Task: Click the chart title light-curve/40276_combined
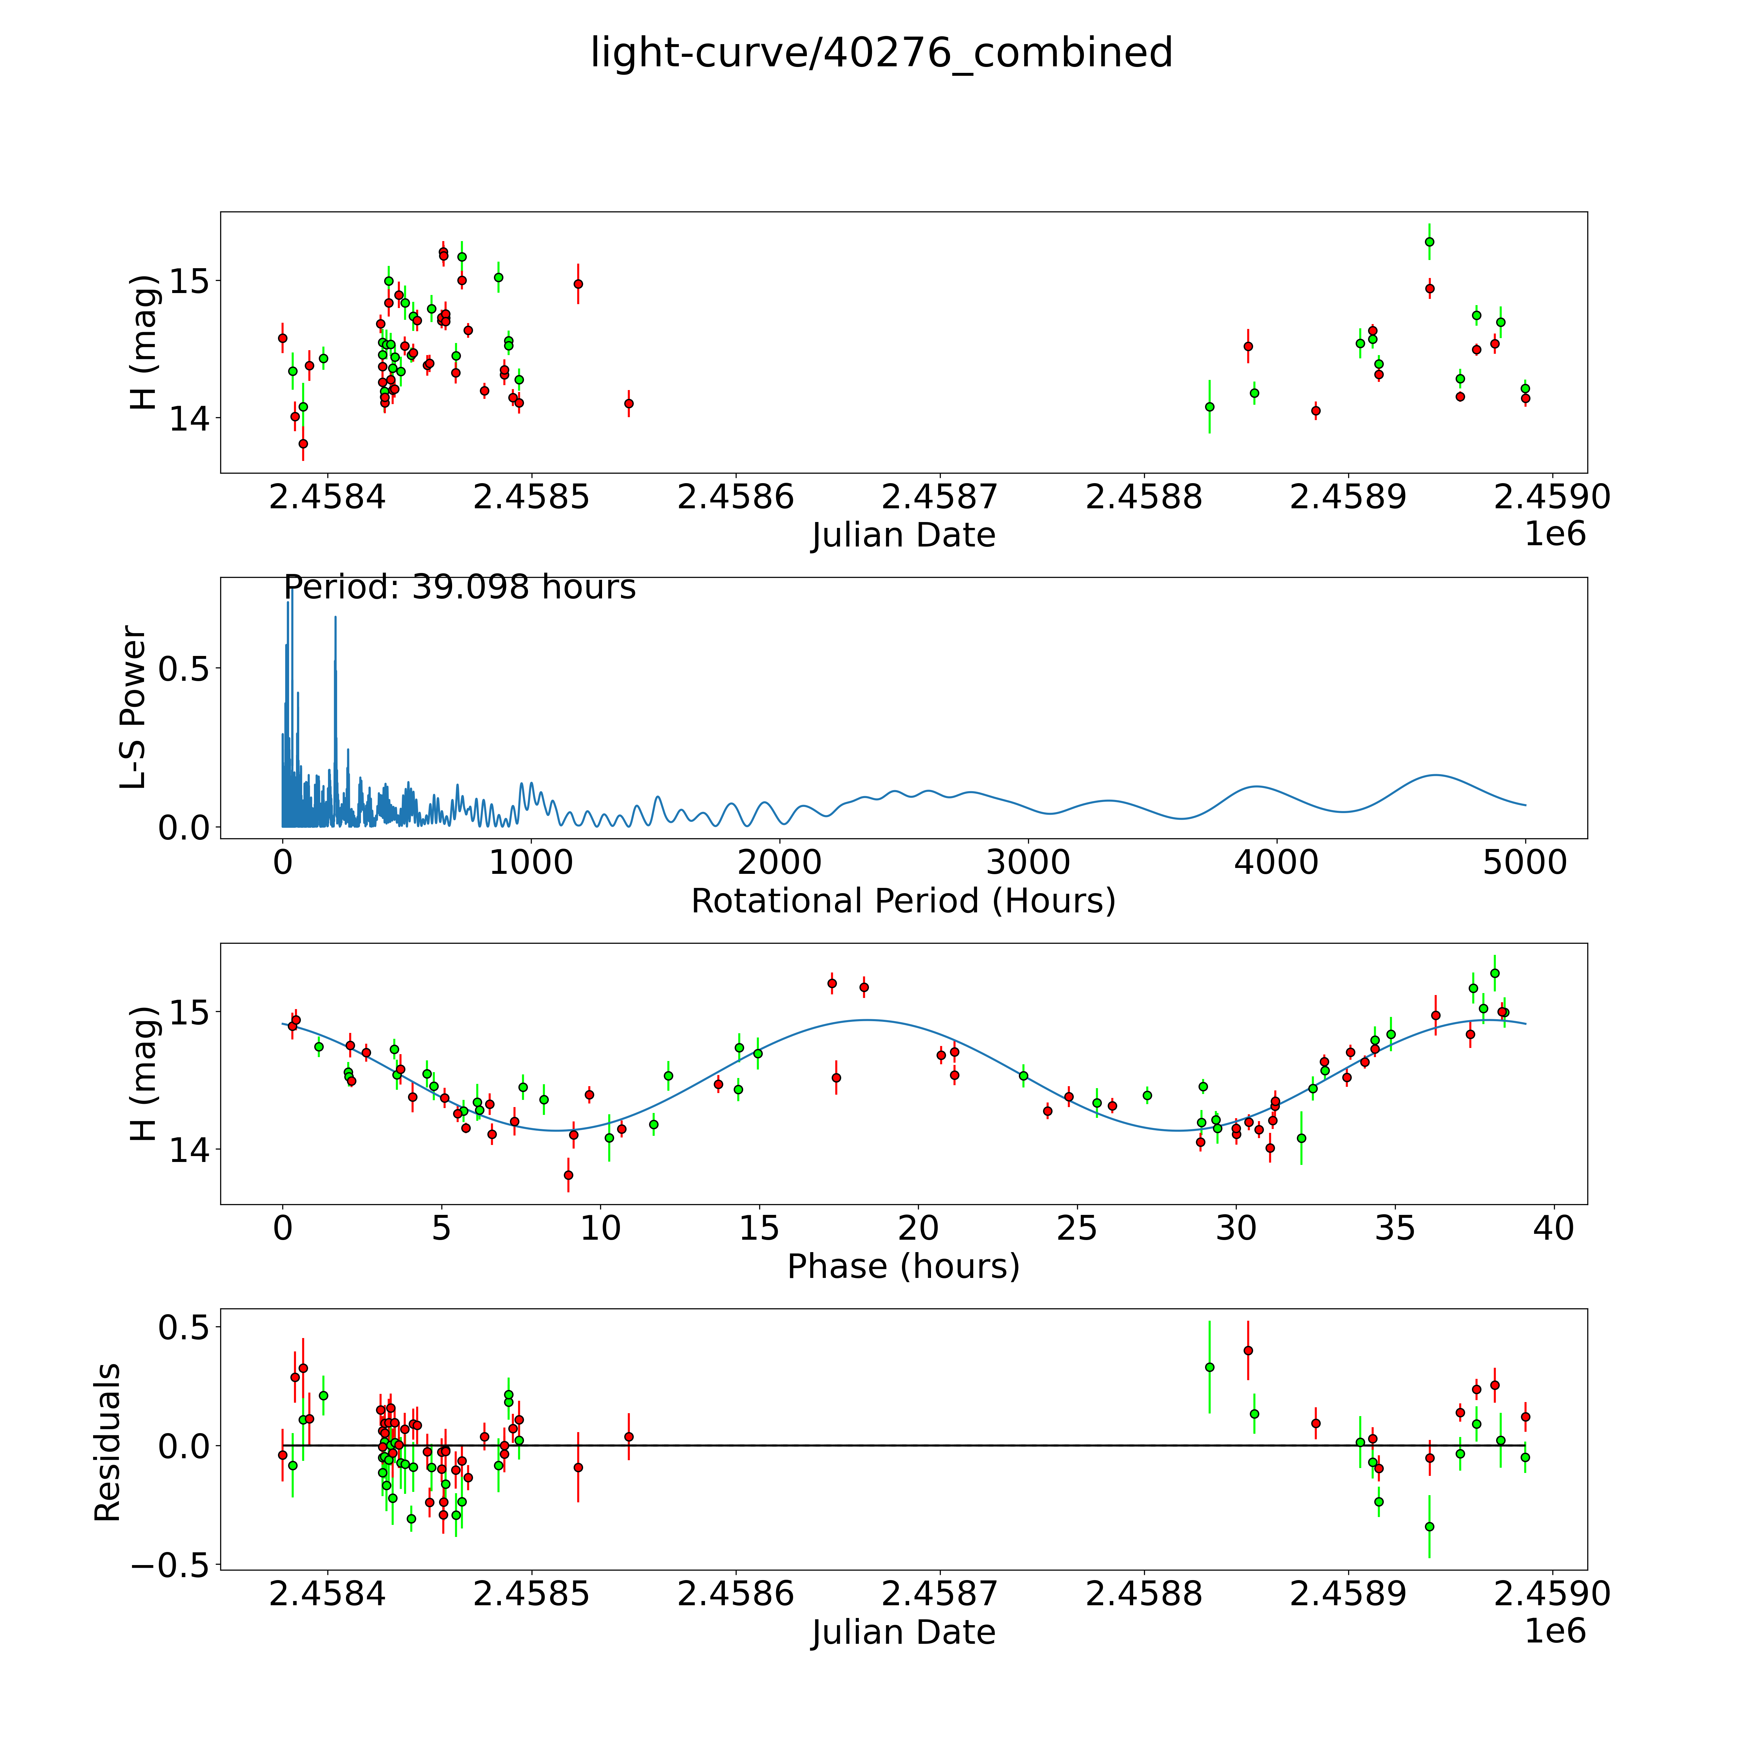click(881, 53)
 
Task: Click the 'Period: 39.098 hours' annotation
click(459, 587)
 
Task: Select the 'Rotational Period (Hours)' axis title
click(903, 901)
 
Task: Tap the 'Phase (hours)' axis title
click(903, 1266)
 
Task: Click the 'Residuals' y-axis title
click(108, 1442)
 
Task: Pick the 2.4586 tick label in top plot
click(735, 498)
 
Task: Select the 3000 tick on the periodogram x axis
click(1028, 863)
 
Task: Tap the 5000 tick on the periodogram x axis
click(1525, 863)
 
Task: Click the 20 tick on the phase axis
click(918, 1229)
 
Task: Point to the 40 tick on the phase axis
click(1553, 1229)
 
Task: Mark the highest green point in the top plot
click(1429, 242)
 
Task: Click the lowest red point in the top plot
click(303, 444)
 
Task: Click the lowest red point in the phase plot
click(568, 1175)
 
